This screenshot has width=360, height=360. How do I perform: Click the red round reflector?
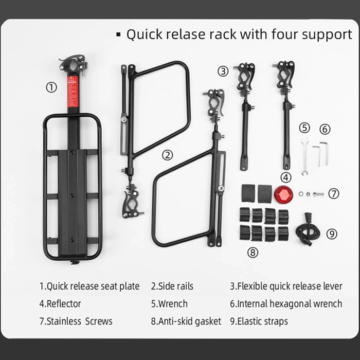pos(282,194)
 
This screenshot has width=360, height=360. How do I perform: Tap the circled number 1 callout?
pos(51,87)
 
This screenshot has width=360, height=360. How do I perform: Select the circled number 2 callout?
pos(167,154)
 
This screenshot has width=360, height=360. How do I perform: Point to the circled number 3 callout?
pos(223,71)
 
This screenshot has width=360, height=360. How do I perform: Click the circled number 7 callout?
pos(334,193)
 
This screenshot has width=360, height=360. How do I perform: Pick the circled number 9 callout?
pos(332,234)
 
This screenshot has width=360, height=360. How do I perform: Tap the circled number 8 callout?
pos(253,252)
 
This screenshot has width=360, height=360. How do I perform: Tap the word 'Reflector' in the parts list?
pos(64,303)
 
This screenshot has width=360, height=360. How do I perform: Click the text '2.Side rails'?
pos(172,286)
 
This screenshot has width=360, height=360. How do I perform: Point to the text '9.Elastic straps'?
pos(259,321)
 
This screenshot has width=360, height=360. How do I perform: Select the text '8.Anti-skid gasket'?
pos(186,321)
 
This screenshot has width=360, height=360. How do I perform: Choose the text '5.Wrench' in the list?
pos(169,303)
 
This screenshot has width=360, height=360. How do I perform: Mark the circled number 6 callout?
pos(325,129)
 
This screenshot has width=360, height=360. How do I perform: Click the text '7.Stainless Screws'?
pos(76,321)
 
